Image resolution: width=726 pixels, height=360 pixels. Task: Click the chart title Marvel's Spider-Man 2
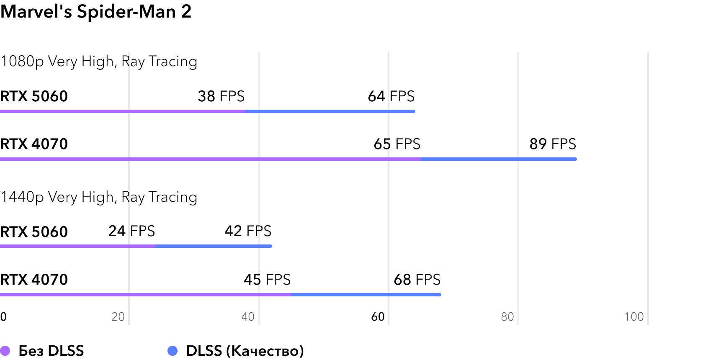point(96,11)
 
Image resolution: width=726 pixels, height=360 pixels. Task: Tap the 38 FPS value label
point(221,96)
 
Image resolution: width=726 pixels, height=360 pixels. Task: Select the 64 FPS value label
point(391,96)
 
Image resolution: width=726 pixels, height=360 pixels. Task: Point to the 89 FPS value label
point(553,144)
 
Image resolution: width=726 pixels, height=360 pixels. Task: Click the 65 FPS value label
point(397,144)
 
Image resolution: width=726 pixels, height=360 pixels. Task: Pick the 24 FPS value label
point(131,231)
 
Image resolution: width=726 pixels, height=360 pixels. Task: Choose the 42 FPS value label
point(248,231)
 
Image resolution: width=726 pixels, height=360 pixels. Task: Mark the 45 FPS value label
point(267,280)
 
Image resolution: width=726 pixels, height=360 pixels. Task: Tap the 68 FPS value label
point(417,280)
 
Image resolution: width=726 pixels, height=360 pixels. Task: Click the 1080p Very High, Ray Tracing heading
point(99,62)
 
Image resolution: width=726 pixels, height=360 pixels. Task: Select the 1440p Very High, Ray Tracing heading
point(99,197)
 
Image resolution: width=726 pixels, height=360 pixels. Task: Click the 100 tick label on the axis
point(634,317)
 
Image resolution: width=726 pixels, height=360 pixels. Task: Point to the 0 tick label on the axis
point(3,317)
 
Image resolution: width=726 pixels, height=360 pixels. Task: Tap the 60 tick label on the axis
point(378,317)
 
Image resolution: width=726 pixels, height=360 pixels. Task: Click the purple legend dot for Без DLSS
point(5,351)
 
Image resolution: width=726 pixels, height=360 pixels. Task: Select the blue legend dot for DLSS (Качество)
point(172,351)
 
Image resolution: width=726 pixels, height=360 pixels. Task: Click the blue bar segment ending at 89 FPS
point(498,159)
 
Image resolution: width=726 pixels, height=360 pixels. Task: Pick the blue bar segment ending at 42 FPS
point(214,246)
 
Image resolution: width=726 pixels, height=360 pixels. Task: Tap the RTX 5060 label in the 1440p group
point(34,232)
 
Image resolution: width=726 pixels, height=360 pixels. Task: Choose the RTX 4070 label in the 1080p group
point(34,144)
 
